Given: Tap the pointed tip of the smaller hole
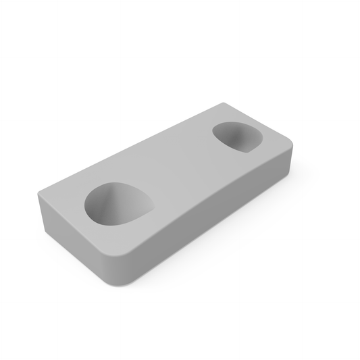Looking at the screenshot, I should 260,144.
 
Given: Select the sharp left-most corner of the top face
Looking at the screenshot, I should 39,194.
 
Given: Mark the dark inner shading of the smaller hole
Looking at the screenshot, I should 230,133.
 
